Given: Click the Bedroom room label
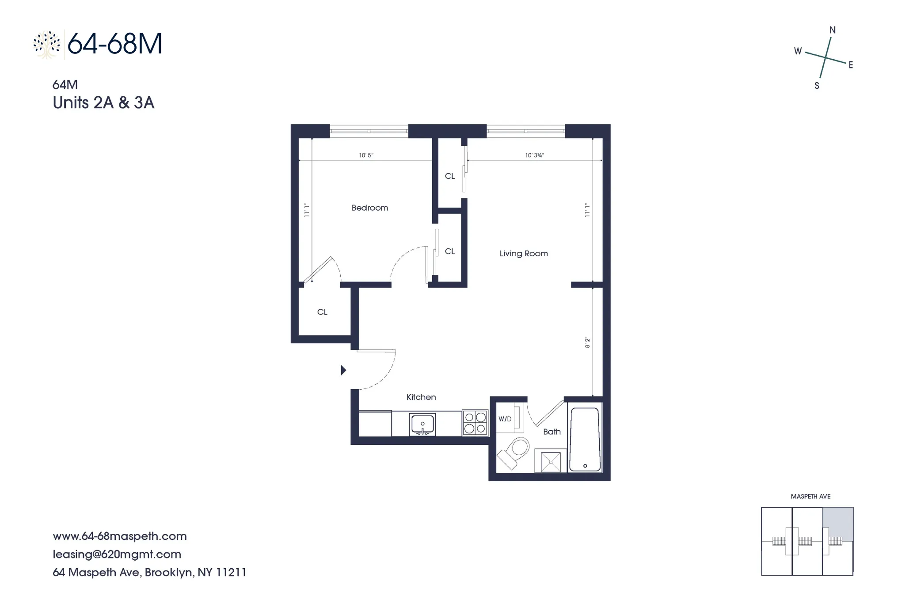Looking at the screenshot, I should coord(369,208).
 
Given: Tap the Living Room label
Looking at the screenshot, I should coord(523,254).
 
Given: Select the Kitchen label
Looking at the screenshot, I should coord(421,397).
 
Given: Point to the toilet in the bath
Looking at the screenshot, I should coord(514,452).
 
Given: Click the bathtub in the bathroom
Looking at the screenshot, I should coord(585,439).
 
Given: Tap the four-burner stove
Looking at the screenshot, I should coord(475,423).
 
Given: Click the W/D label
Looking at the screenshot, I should coord(505,419).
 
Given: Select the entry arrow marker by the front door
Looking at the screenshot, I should coord(343,370).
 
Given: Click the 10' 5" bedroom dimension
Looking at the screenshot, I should coord(366,155).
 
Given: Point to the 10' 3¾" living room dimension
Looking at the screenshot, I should coord(534,155).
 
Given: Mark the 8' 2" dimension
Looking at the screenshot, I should coord(587,342).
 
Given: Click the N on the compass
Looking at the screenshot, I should coord(833,30).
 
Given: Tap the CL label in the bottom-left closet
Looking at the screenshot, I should coord(322,312).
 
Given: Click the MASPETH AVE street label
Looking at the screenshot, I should coord(810,497).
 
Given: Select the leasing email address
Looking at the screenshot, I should coord(117,554).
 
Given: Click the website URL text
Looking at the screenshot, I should coord(120,536).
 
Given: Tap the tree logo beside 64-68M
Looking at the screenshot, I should coord(47,45).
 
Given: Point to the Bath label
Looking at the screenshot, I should coord(551,432).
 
